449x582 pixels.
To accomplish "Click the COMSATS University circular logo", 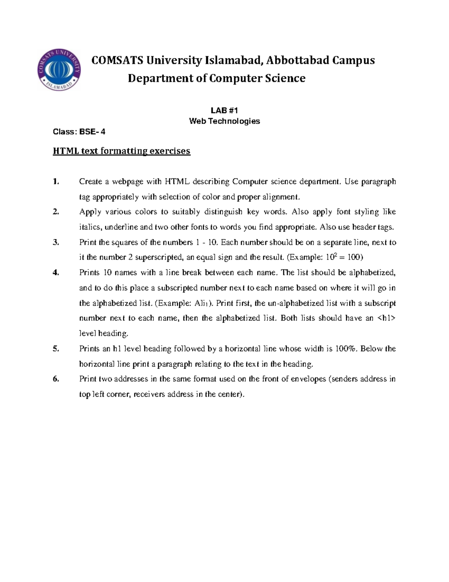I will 59,70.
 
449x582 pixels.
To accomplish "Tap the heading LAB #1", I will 224,110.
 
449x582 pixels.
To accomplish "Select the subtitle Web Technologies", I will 224,121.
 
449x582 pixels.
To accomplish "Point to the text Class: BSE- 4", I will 79,132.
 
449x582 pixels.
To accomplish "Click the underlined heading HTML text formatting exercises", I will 122,151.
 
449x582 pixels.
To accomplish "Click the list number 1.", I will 56,182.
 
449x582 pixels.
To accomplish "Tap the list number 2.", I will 56,212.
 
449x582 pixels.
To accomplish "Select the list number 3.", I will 56,242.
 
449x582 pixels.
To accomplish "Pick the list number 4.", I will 56,273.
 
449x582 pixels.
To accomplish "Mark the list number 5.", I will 56,349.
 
